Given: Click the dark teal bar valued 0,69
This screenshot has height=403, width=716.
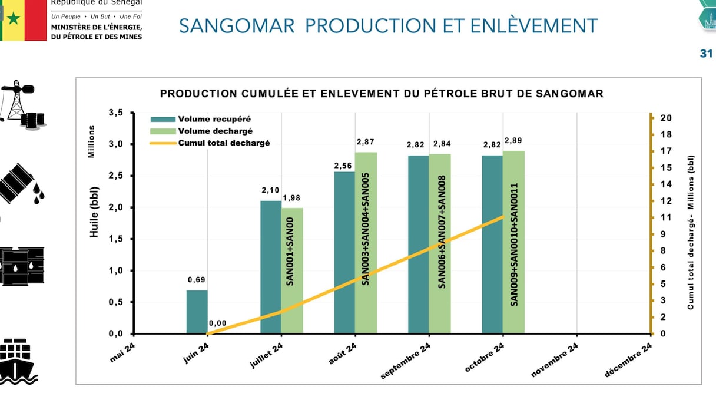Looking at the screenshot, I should (x=197, y=312).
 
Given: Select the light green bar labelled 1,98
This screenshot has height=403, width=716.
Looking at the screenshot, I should (x=292, y=270).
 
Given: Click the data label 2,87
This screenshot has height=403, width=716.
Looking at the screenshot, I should (x=366, y=142).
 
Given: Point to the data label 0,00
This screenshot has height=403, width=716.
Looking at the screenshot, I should (x=217, y=323).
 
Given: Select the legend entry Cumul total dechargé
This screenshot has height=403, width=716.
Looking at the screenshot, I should (x=224, y=143).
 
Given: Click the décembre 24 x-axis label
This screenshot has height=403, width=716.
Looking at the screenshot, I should (x=628, y=360).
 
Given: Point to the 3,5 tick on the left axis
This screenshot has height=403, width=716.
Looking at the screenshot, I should (x=116, y=113).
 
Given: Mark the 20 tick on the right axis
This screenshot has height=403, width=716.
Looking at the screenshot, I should (x=667, y=118).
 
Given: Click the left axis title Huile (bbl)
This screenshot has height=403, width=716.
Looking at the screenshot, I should (x=94, y=212).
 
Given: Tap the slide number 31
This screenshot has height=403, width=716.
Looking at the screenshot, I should (x=706, y=54).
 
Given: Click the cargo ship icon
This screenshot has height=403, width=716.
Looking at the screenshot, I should (x=18, y=361).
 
